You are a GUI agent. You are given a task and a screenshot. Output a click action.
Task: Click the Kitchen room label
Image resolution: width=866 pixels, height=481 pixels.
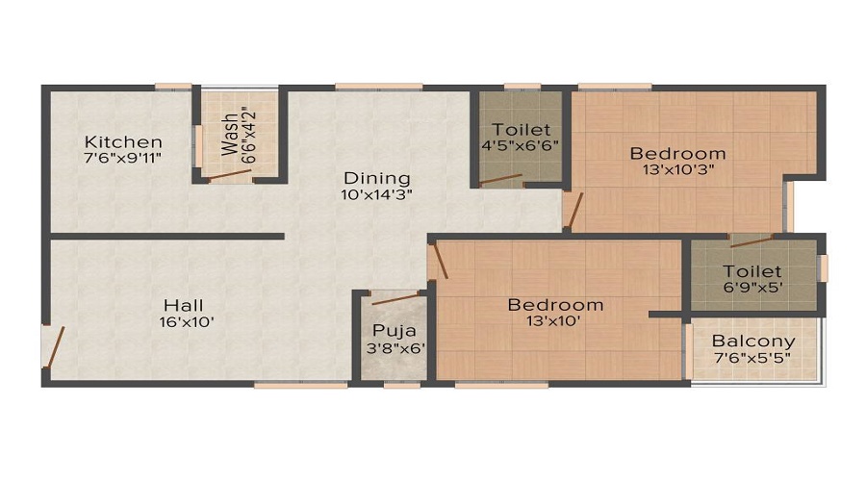(121, 142)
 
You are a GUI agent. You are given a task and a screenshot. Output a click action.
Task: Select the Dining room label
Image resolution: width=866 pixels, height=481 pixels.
(377, 178)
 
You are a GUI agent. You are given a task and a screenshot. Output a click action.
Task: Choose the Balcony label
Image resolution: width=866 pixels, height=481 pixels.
(753, 342)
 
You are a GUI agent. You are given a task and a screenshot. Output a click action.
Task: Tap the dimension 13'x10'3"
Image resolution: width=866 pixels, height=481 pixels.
(678, 170)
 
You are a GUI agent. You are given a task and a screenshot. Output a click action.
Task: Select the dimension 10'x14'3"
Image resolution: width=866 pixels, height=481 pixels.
(377, 194)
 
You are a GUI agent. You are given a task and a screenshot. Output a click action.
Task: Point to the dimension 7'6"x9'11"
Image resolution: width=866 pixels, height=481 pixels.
(121, 159)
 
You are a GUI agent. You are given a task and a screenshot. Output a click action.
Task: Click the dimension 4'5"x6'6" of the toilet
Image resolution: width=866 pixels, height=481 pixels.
(521, 146)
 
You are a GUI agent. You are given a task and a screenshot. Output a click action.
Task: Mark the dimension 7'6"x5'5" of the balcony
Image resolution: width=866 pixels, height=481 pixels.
(753, 359)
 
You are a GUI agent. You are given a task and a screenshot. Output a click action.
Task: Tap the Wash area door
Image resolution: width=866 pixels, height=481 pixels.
(231, 175)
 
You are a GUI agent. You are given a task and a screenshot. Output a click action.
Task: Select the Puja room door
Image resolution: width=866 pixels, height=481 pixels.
(396, 298)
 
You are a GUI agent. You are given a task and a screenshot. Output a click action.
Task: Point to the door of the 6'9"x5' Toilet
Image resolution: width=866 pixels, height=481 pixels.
(751, 240)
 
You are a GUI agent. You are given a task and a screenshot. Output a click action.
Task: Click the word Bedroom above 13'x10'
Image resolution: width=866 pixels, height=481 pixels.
(556, 305)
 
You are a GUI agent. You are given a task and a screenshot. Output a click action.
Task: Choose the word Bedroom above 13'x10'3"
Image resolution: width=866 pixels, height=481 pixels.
(678, 154)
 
